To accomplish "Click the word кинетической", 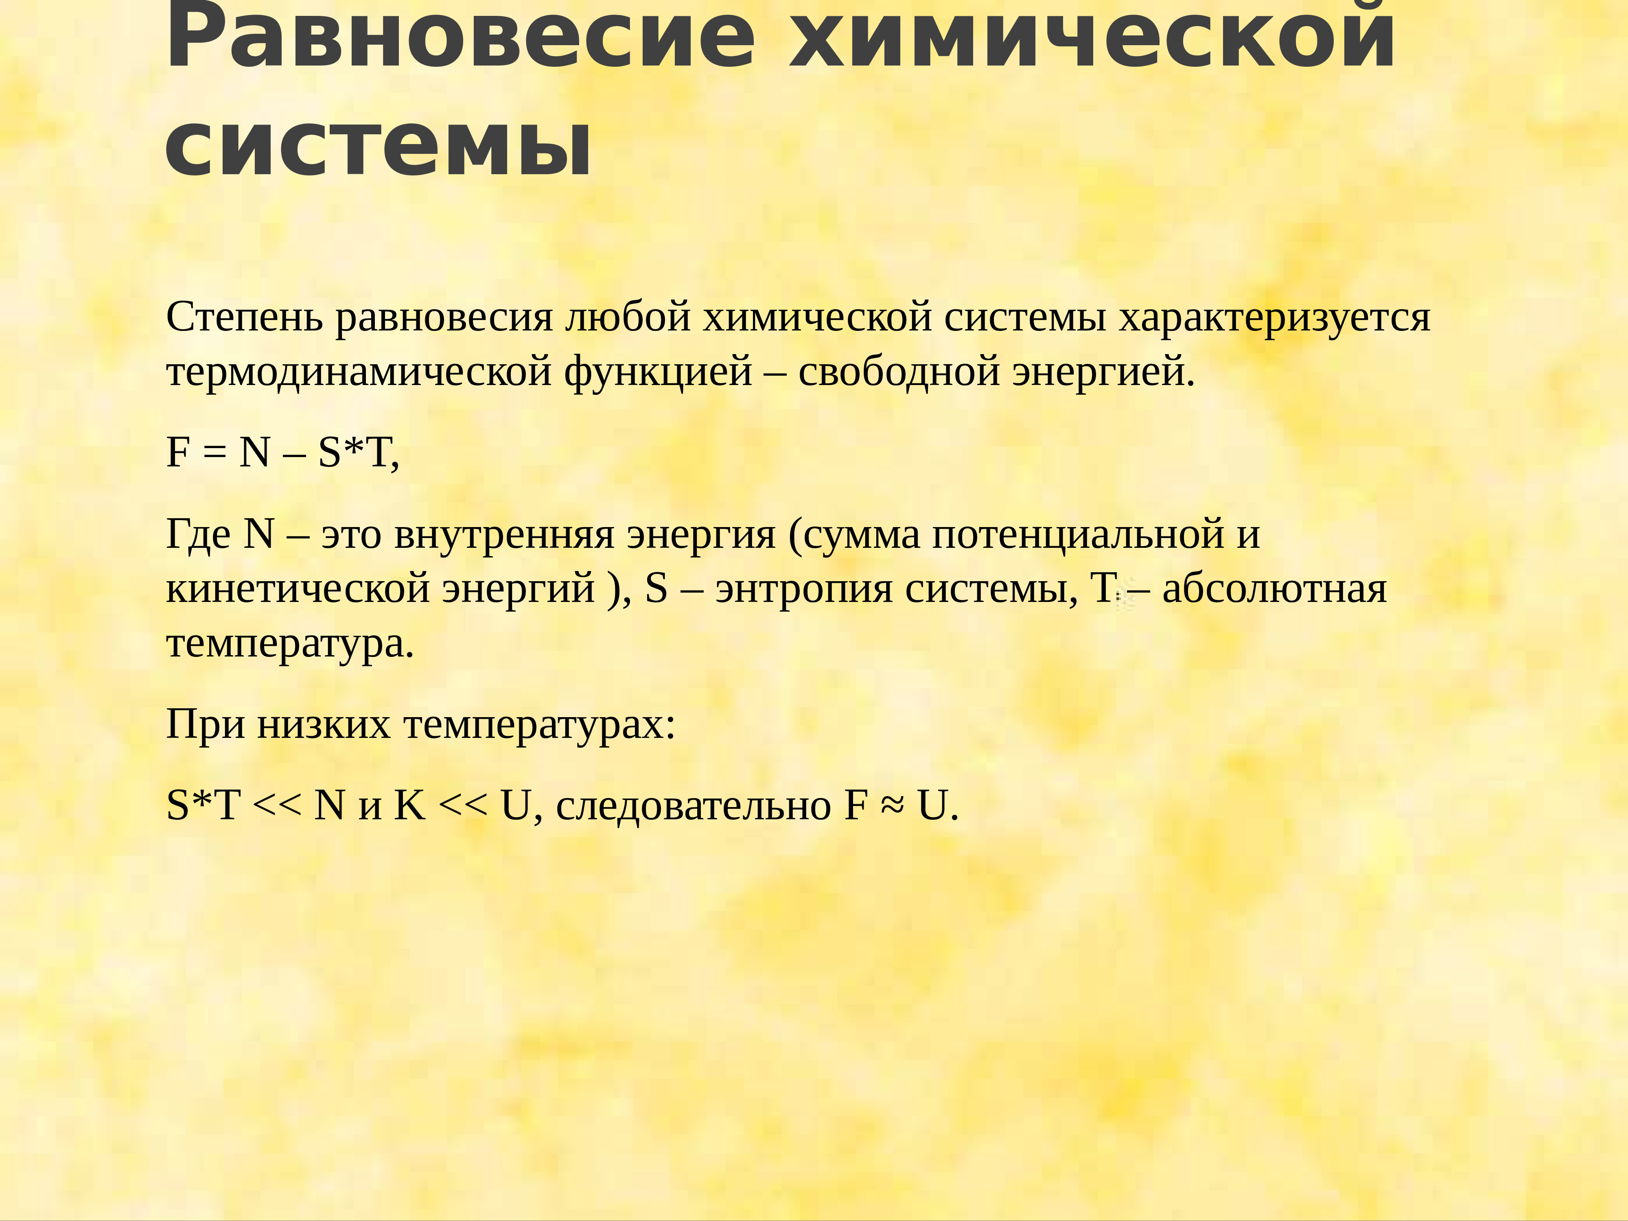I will [298, 589].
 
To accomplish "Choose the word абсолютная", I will [1274, 589].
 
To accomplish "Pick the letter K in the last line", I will [410, 805].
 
